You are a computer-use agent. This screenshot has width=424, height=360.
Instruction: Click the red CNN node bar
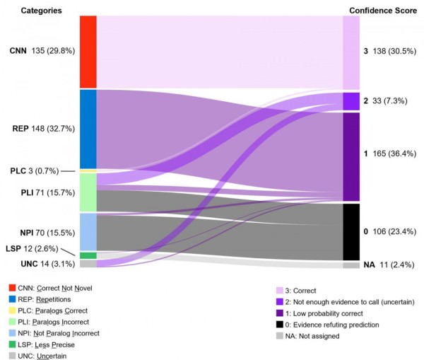tap(88, 52)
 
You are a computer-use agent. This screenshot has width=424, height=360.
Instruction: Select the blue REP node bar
tap(88, 129)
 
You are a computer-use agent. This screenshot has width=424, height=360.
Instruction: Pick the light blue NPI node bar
tap(88, 232)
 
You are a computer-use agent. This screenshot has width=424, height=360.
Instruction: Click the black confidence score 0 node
tap(351, 232)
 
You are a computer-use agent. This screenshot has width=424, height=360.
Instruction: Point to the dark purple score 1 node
tap(351, 156)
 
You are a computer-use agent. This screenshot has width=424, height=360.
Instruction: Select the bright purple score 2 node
tap(351, 102)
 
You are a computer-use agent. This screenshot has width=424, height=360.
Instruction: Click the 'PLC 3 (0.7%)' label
tap(35, 171)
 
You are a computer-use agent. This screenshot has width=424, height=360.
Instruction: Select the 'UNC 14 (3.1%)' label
tap(33, 263)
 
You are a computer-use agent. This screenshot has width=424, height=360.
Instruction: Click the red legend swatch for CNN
tap(13, 288)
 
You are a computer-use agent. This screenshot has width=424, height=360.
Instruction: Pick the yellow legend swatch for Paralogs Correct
tap(13, 310)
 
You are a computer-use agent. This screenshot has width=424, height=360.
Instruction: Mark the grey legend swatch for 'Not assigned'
tap(281, 336)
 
